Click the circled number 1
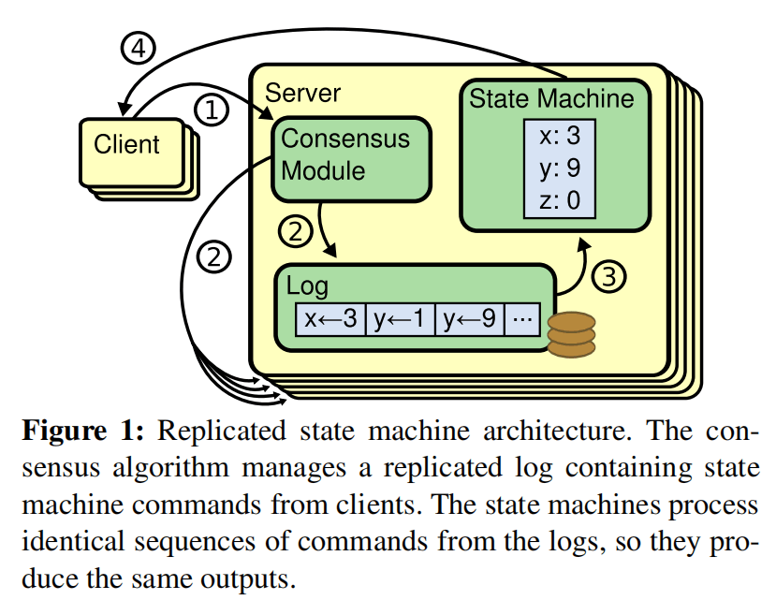pyautogui.click(x=211, y=110)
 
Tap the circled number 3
pyautogui.click(x=608, y=276)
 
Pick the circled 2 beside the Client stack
pyautogui.click(x=214, y=256)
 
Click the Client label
pyautogui.click(x=126, y=144)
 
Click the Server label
pyautogui.click(x=303, y=93)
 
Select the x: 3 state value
pyautogui.click(x=560, y=136)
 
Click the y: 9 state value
pyautogui.click(x=560, y=168)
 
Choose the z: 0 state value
pyautogui.click(x=560, y=199)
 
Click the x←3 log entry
pyautogui.click(x=330, y=319)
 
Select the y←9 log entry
pyautogui.click(x=470, y=319)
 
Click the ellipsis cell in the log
pyautogui.click(x=522, y=319)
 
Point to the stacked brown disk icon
pyautogui.click(x=571, y=334)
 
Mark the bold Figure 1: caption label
pyautogui.click(x=82, y=431)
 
